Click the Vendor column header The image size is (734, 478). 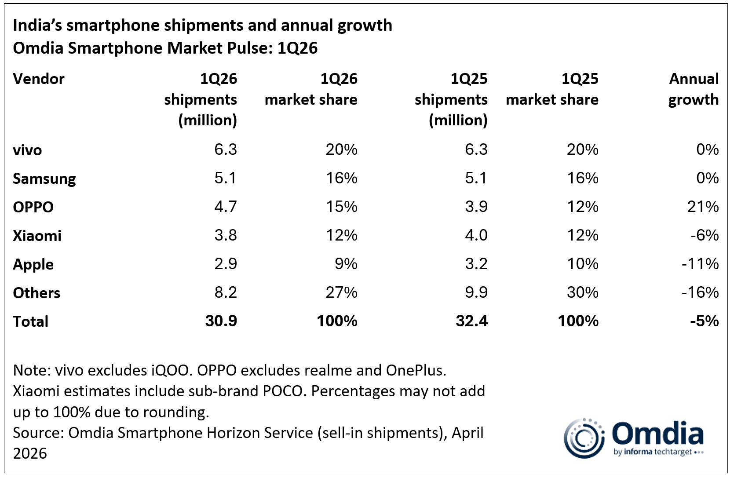point(39,79)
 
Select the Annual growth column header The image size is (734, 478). point(694,89)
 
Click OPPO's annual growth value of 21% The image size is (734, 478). point(703,207)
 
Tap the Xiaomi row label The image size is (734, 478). point(37,236)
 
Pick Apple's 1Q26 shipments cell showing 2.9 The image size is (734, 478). point(226,264)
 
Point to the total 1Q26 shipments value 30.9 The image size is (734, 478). point(221,321)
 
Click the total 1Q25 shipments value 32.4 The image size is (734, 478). point(471,321)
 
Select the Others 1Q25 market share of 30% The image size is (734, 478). point(582,292)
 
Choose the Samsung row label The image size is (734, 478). point(44,179)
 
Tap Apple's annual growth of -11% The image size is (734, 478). point(700,264)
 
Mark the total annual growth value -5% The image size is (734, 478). point(704,321)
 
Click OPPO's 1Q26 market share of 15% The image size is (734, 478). point(341,207)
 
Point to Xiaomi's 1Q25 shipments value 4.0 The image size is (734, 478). point(476,235)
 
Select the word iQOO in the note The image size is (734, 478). point(172,371)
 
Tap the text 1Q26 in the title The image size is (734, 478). point(297,48)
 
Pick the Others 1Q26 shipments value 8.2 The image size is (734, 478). point(226,292)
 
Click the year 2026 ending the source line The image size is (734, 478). point(29,453)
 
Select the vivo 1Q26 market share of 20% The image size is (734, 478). point(341,150)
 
